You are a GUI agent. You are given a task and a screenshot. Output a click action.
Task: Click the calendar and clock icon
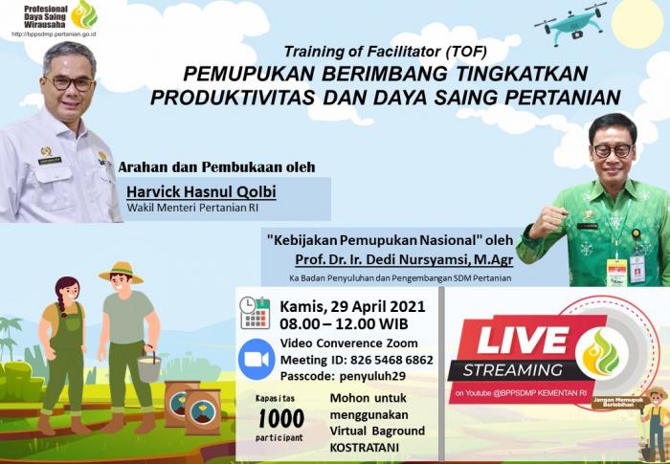[255, 313]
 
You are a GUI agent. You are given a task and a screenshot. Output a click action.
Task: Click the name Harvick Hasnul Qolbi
[201, 192]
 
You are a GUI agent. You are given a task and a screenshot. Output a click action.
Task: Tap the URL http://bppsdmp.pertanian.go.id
[54, 33]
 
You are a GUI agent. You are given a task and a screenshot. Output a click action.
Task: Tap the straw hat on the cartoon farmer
[121, 272]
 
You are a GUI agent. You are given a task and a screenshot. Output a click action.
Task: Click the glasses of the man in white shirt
[69, 82]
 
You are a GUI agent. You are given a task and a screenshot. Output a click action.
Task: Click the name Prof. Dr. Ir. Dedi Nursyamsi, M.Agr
[403, 257]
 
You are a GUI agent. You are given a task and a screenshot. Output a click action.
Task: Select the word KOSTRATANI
[368, 447]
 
